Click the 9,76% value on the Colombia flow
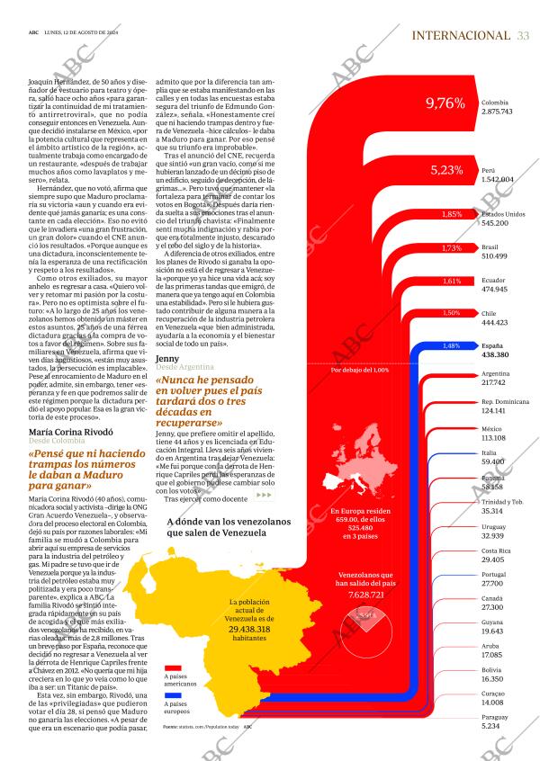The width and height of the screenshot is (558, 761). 445,104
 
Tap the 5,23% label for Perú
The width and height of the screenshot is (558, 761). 446,169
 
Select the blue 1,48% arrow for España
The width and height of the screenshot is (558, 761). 452,345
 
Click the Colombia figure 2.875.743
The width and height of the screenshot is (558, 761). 497,112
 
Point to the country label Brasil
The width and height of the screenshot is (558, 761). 490,246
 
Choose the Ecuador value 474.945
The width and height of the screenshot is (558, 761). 495,289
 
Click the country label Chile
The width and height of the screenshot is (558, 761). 490,313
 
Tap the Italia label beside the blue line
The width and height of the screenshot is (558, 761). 489,452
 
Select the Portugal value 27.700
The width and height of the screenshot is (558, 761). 493,583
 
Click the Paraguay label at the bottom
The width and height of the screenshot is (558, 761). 496,717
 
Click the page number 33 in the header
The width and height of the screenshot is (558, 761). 523,35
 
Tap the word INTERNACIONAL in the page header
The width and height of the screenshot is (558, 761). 460,35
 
